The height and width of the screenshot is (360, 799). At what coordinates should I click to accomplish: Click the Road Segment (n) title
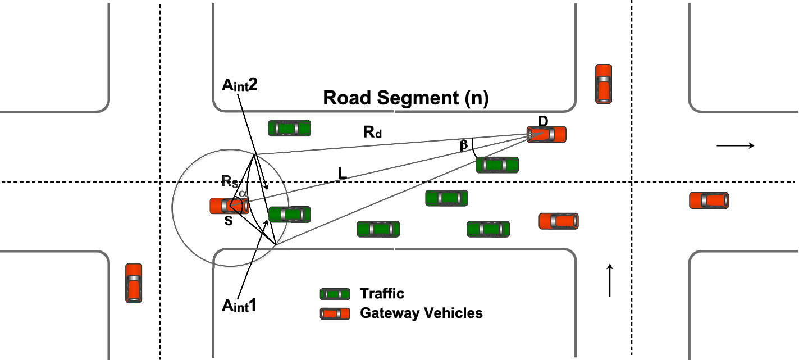[406, 98]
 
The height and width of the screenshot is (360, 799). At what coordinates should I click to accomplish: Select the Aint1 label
[239, 306]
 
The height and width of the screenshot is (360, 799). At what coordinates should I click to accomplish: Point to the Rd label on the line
[372, 133]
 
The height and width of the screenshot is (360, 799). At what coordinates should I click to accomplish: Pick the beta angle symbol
[464, 145]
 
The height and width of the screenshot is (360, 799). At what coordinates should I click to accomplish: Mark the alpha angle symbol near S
[241, 194]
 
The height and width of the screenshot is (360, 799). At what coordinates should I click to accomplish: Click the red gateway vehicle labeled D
[546, 134]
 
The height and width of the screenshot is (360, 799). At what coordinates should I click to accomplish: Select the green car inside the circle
[289, 215]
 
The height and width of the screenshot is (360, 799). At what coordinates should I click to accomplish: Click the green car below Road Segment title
[289, 128]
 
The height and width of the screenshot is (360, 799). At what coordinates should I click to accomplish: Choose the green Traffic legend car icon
[335, 294]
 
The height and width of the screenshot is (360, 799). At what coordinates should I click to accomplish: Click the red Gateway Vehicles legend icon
[335, 313]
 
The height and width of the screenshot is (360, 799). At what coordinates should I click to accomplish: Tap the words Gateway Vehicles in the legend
[421, 313]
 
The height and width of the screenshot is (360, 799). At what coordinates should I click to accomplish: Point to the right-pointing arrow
[735, 146]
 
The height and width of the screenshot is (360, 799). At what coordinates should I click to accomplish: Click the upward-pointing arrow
[609, 280]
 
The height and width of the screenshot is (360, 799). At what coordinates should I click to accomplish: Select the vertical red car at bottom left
[134, 283]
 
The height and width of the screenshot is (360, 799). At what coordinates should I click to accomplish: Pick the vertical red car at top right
[604, 84]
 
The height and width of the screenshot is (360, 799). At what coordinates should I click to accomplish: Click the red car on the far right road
[709, 200]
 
